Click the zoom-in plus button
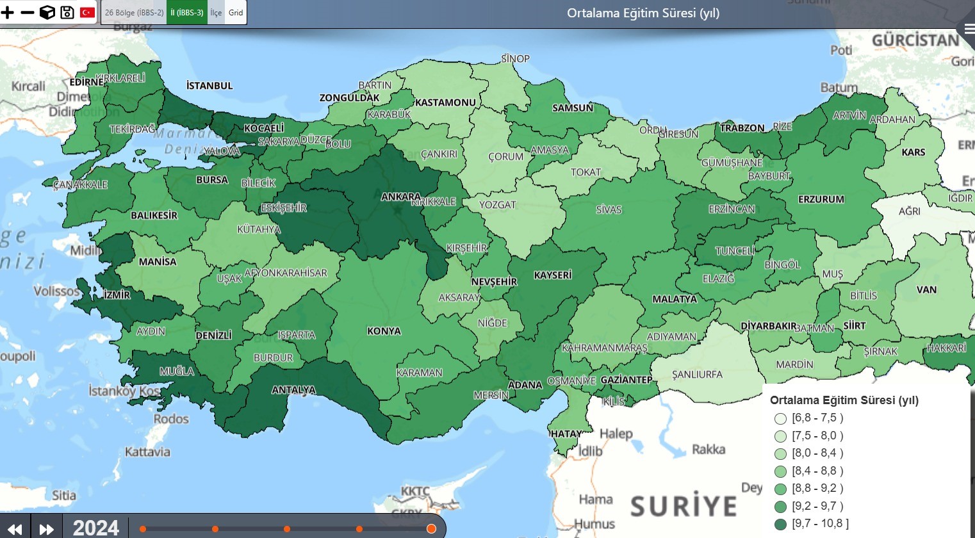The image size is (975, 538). (8, 12)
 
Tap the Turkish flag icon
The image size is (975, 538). (87, 12)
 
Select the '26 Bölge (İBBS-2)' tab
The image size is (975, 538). (134, 12)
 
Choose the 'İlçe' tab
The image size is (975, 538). (216, 12)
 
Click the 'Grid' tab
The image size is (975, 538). (236, 12)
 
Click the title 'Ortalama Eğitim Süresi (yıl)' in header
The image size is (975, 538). (643, 13)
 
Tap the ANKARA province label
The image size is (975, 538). (400, 197)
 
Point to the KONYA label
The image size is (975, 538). (384, 331)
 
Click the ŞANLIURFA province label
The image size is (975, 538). (697, 374)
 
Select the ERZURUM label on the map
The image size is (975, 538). (821, 199)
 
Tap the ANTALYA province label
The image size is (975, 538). (293, 389)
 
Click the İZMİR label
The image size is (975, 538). (117, 295)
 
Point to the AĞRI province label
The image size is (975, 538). (909, 211)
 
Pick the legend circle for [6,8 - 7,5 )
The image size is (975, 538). (780, 419)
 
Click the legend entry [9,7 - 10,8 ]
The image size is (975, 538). (820, 523)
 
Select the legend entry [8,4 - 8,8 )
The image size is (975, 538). (817, 471)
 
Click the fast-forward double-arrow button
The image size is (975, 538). (46, 528)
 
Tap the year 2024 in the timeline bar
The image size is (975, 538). (96, 528)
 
